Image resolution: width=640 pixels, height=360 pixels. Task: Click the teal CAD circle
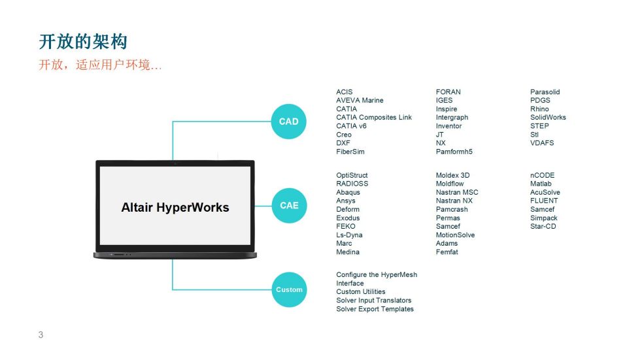tap(288, 122)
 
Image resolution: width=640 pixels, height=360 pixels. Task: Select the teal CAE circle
tap(289, 206)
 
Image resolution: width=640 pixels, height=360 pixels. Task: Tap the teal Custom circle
tap(289, 289)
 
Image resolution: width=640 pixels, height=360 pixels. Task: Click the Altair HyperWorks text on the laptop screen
tap(175, 208)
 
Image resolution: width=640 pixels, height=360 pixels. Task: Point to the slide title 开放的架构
tap(83, 42)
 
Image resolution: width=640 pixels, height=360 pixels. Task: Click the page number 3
tap(41, 335)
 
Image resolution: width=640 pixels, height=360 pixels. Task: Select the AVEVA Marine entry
tap(360, 101)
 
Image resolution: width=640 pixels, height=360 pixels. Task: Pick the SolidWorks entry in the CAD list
tap(548, 118)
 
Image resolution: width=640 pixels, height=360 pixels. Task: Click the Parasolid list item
tap(545, 92)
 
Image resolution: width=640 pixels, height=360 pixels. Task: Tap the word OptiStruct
tap(352, 175)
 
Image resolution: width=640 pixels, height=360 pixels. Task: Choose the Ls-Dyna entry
tap(349, 235)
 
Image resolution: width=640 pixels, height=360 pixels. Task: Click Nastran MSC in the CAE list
tap(457, 193)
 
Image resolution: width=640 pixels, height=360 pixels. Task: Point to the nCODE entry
tap(542, 175)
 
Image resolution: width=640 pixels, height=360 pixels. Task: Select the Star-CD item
tap(543, 226)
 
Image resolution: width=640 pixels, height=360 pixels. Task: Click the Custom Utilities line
tap(360, 291)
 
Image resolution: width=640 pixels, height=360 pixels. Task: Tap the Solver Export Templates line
tap(375, 309)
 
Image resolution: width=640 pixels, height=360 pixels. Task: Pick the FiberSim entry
tap(350, 152)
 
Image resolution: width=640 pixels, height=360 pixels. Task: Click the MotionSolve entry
tap(455, 235)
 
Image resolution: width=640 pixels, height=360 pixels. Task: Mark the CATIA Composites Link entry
tap(374, 118)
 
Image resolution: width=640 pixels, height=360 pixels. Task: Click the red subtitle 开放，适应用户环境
tap(100, 65)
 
